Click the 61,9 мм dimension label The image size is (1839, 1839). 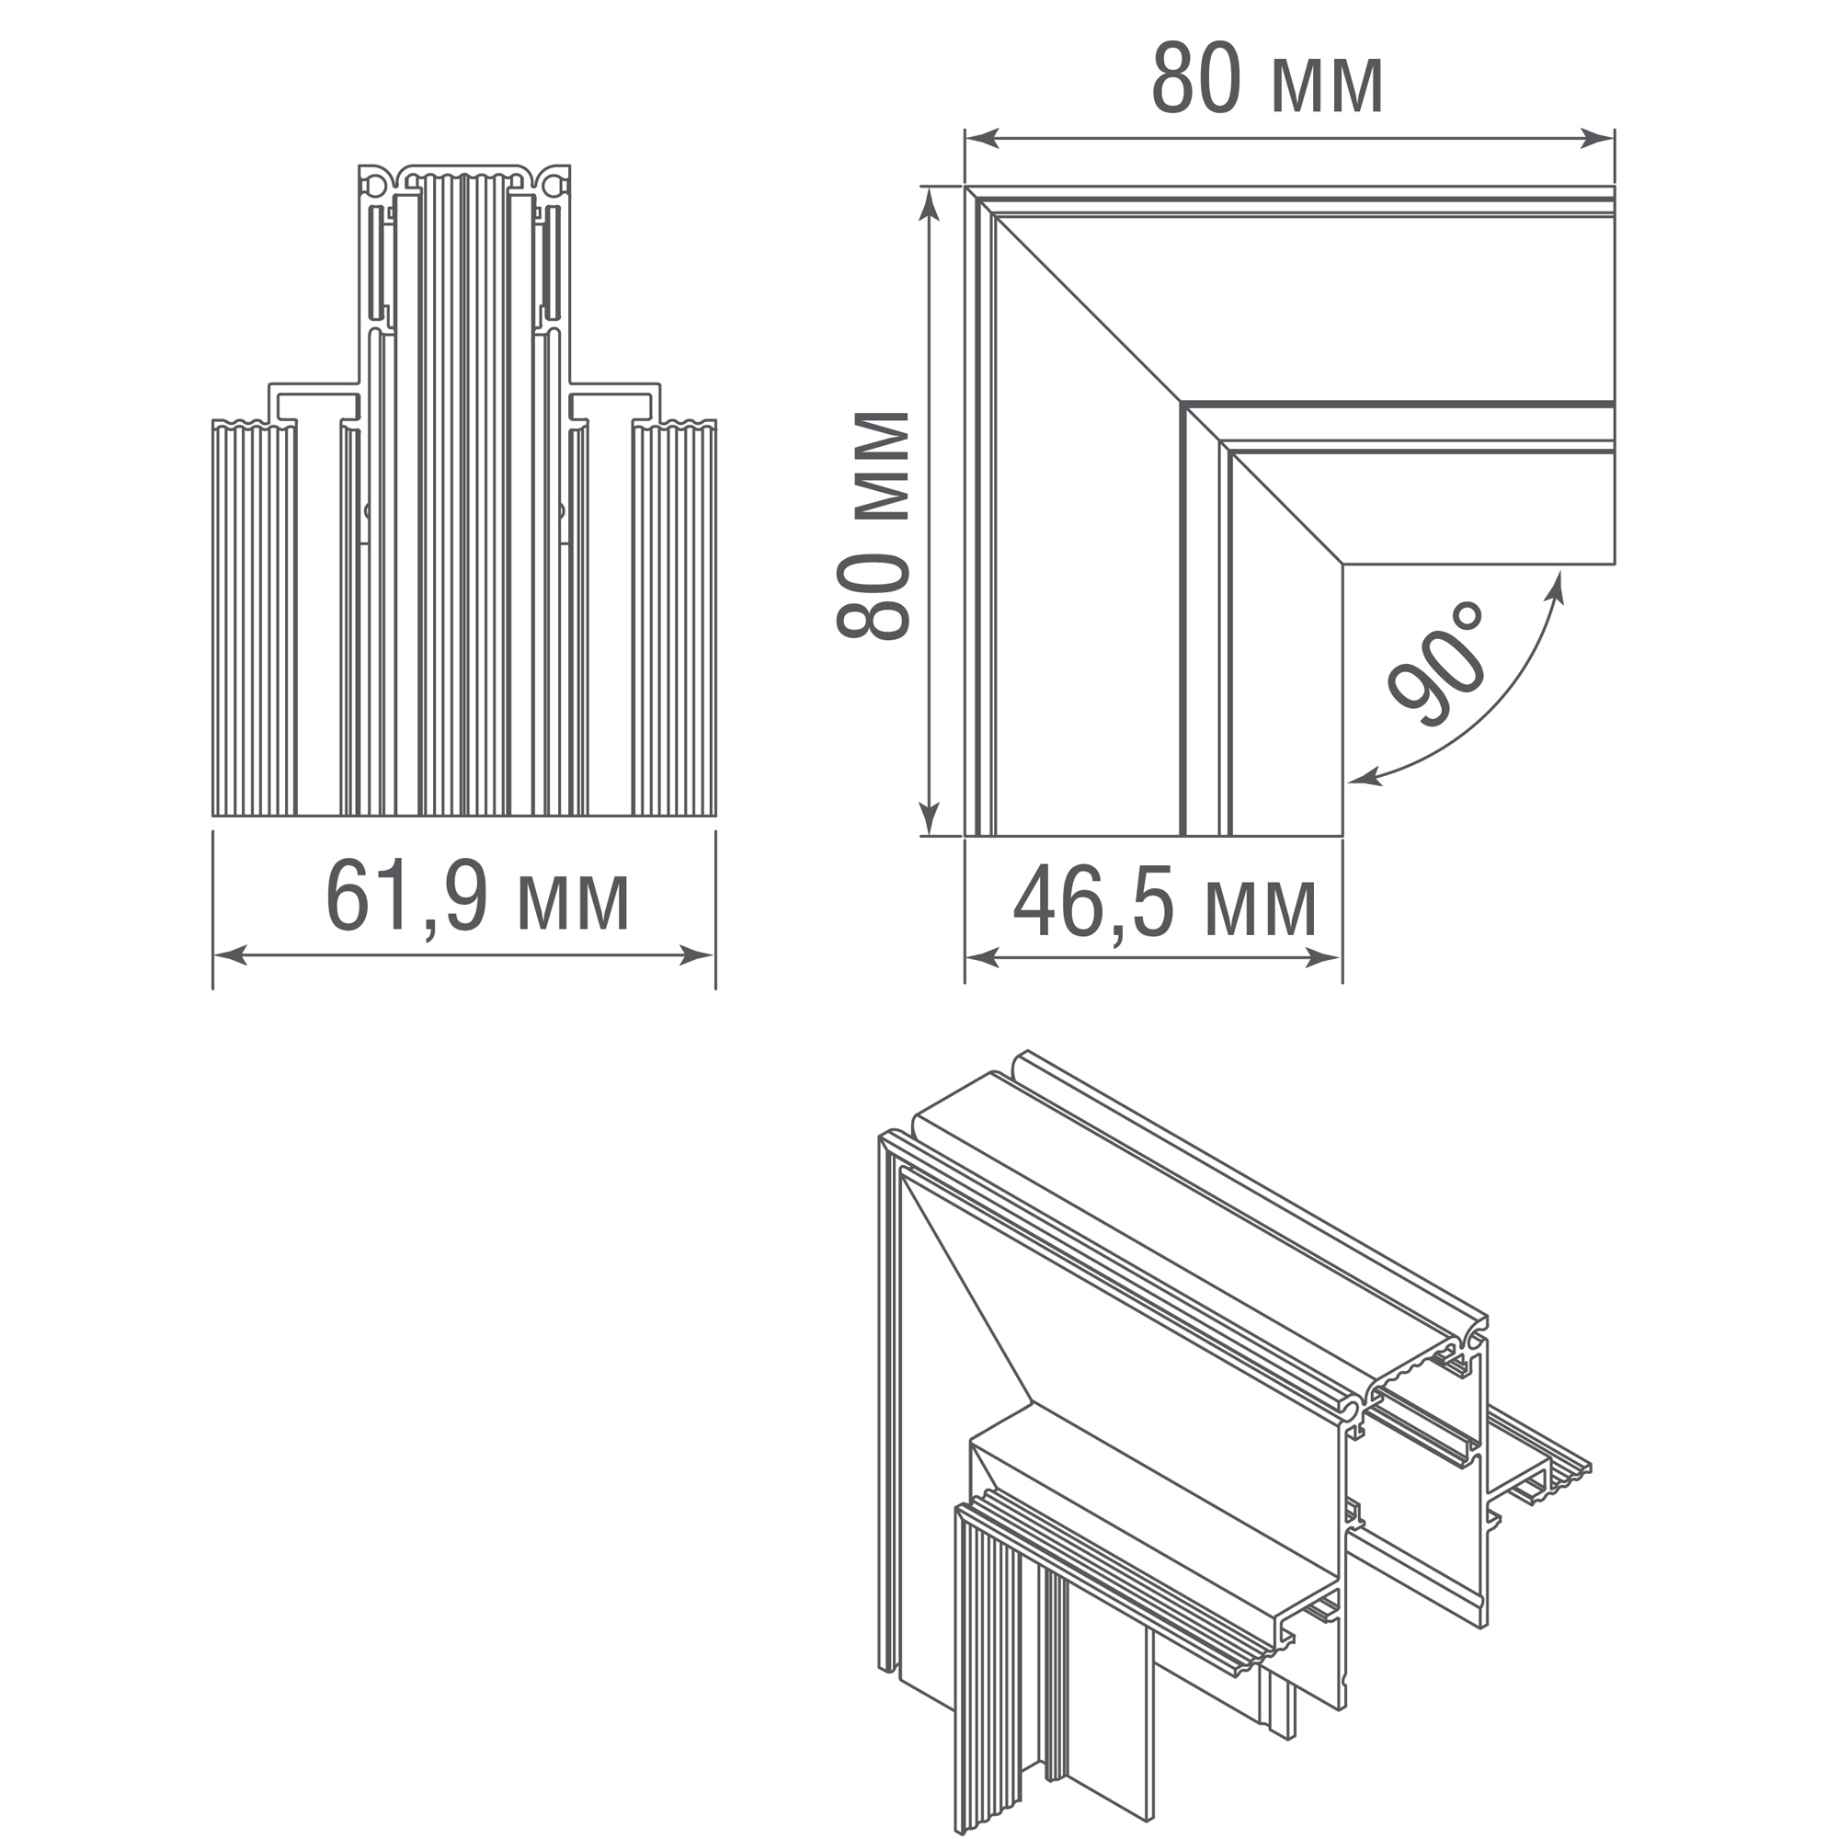pyautogui.click(x=478, y=897)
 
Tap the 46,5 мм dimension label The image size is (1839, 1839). pyautogui.click(x=1165, y=904)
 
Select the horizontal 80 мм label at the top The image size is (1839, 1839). pyautogui.click(x=1267, y=80)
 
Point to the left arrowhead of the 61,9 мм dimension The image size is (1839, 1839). pyautogui.click(x=229, y=955)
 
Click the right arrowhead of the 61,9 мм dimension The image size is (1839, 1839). pyautogui.click(x=698, y=955)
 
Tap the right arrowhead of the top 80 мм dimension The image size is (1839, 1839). pyautogui.click(x=1598, y=139)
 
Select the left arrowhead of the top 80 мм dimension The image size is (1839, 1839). pyautogui.click(x=982, y=139)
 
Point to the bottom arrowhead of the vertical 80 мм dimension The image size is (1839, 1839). pyautogui.click(x=929, y=818)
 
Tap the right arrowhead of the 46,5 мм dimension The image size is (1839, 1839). pyautogui.click(x=1324, y=958)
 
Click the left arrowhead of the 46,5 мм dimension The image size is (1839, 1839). pyautogui.click(x=982, y=958)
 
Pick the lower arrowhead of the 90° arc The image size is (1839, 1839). pyautogui.click(x=1365, y=779)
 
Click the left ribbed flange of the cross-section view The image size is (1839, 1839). pyautogui.click(x=254, y=618)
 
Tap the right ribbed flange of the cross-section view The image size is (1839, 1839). pyautogui.click(x=674, y=618)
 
